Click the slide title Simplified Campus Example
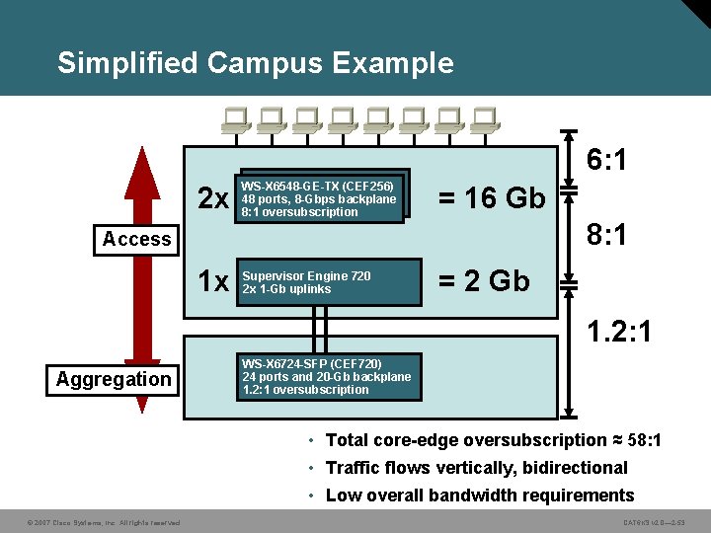pos(256,63)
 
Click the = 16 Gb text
pos(492,198)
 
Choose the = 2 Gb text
pos(484,281)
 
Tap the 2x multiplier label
pos(213,199)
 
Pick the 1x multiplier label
pos(213,282)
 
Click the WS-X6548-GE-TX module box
pos(322,198)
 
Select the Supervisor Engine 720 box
pos(328,282)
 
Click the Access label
pos(136,239)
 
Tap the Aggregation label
pos(114,379)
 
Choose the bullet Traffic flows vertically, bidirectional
pos(476,468)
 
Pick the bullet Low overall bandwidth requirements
pos(479,495)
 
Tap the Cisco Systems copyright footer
pos(92,522)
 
